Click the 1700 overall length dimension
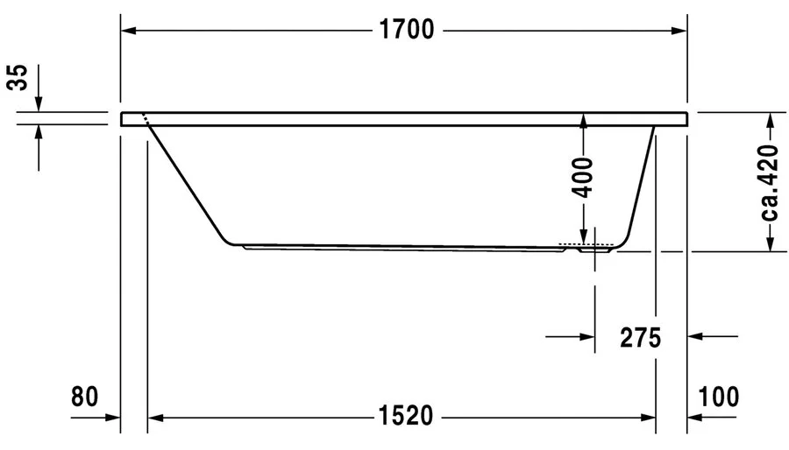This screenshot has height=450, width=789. [x=407, y=31]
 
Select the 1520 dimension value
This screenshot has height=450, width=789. [x=406, y=418]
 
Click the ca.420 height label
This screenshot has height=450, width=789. [x=770, y=182]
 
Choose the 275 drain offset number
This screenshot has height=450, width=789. [x=640, y=336]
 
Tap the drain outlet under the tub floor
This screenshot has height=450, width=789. [x=594, y=250]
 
